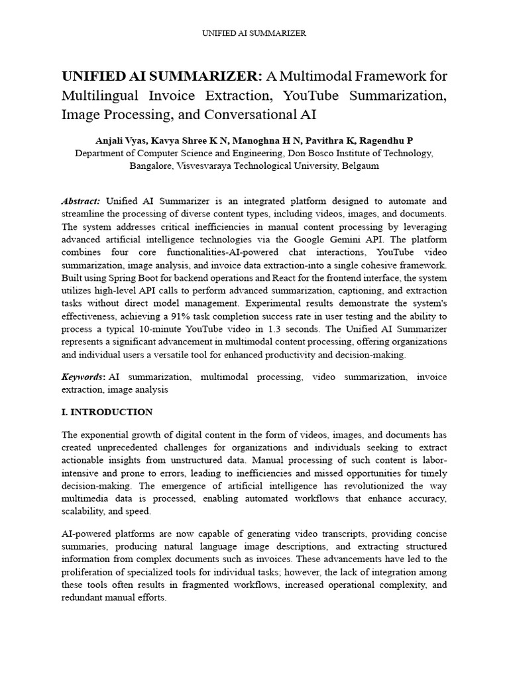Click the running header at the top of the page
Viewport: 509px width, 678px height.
pos(254,32)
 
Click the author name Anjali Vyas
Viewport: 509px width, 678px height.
pos(121,141)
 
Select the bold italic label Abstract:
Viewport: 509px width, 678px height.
pos(81,201)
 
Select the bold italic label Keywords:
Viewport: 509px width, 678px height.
pos(83,377)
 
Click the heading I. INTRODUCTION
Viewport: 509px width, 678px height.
pos(107,412)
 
